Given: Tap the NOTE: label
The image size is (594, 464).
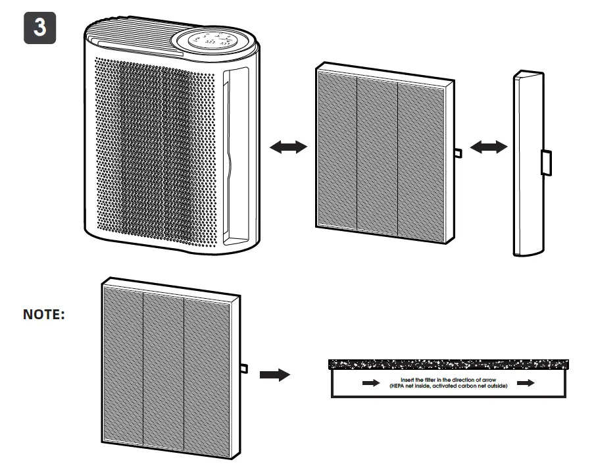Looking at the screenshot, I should (44, 315).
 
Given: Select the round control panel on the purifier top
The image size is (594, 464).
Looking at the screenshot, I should (213, 40).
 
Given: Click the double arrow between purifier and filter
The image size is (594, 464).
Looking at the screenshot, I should (289, 147).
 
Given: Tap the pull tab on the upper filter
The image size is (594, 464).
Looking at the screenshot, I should (458, 153).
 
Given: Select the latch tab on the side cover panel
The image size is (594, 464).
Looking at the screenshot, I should (546, 162).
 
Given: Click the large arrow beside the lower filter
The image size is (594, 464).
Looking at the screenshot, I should (274, 374).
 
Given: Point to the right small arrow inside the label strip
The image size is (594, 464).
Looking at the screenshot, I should (526, 383).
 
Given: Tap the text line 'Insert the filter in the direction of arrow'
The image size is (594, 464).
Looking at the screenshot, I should (448, 380).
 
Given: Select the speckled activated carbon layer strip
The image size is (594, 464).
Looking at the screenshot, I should (447, 364).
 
